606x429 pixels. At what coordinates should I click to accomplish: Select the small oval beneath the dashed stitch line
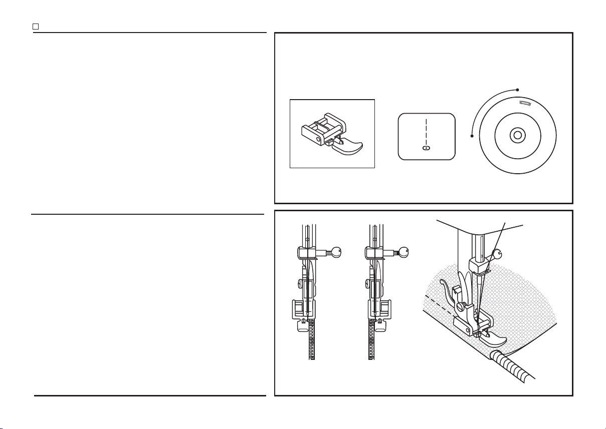coord(426,148)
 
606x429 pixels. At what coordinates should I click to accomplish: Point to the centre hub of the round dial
coord(517,135)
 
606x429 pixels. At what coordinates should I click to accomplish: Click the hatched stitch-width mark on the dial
coord(525,103)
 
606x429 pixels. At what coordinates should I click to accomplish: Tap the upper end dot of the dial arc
coord(517,90)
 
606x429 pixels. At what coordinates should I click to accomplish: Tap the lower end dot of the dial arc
coord(473,136)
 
